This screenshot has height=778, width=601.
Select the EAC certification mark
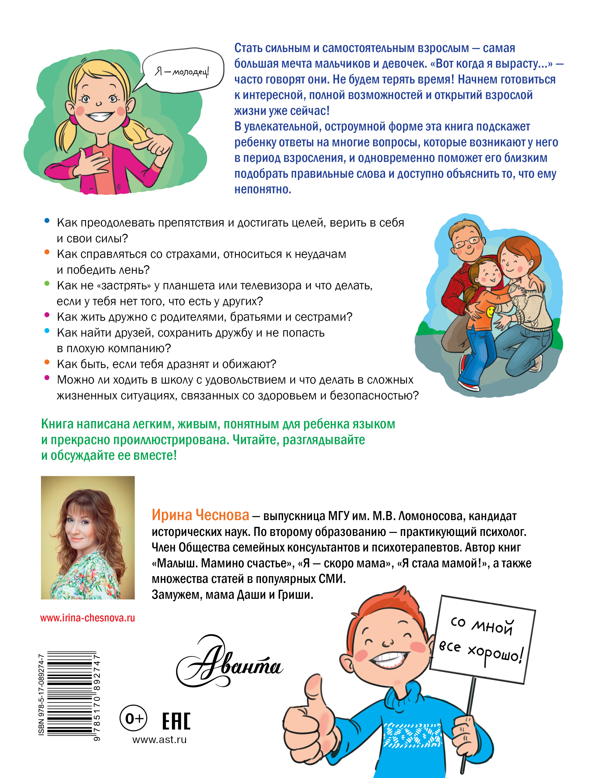click(x=176, y=721)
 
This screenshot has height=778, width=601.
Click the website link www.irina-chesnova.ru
click(x=87, y=618)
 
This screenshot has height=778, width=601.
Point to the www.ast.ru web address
click(x=159, y=740)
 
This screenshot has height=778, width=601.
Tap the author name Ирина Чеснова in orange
click(x=200, y=515)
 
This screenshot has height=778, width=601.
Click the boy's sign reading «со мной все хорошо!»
click(x=483, y=640)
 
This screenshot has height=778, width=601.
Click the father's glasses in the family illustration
click(x=467, y=242)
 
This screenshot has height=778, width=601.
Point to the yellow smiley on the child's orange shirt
click(x=491, y=312)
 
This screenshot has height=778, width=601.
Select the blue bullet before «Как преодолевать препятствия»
click(x=47, y=221)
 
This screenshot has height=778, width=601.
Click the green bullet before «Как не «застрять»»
click(x=47, y=284)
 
